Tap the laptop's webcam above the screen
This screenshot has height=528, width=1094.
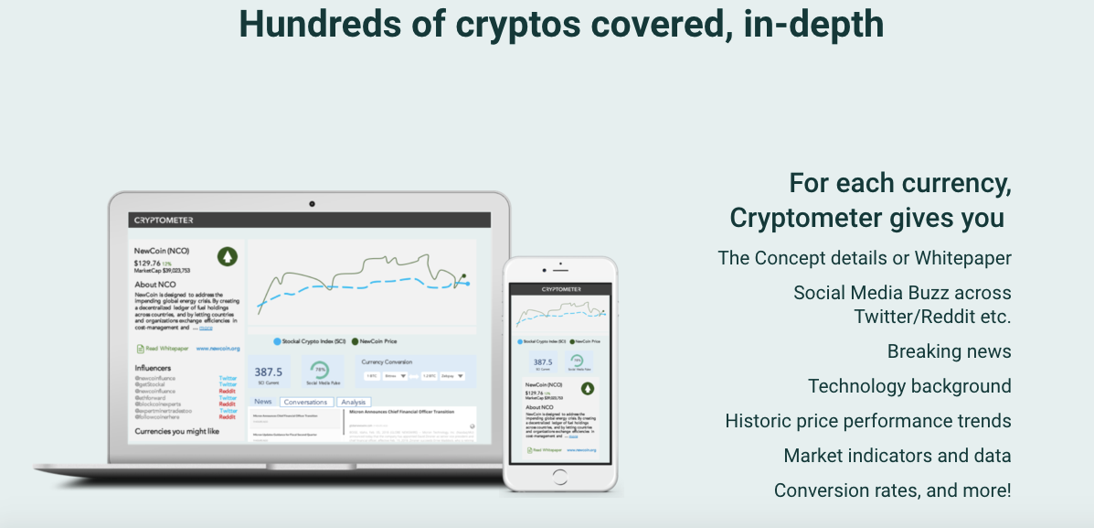point(312,202)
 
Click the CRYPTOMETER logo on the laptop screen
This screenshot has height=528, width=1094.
point(164,220)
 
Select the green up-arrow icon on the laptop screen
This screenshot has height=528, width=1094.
point(227,255)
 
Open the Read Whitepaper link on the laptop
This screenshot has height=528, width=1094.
point(164,349)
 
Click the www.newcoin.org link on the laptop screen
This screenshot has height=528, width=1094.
point(218,349)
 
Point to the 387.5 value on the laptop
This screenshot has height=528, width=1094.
point(268,372)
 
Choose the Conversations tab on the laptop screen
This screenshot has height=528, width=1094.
point(305,402)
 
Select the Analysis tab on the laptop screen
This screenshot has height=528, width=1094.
point(353,402)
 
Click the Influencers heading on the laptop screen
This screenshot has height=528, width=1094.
point(153,368)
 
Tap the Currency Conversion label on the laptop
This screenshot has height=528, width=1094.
point(387,361)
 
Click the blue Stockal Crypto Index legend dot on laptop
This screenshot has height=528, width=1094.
point(278,341)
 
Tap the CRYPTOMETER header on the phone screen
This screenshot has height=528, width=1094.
point(562,288)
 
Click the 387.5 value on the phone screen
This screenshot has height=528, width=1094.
point(543,362)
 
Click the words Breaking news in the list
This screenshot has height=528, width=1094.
point(949,351)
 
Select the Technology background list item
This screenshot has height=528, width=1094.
point(909,386)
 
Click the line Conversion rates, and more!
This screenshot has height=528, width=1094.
point(892,490)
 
